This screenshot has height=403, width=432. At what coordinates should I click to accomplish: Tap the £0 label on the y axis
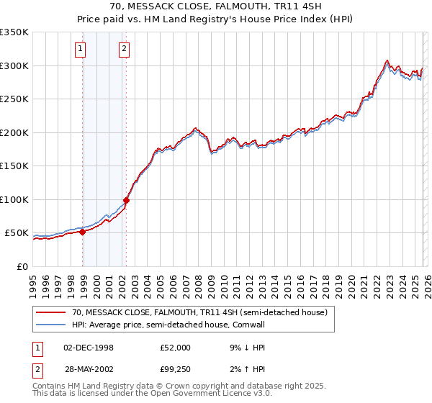pos(22,266)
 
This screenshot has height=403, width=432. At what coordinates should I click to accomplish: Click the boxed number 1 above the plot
pos(79,49)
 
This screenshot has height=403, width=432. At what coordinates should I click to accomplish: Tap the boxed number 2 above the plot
pos(125,49)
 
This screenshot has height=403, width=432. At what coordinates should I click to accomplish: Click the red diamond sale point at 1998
pos(83,232)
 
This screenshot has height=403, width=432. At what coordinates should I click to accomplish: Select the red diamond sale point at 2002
pos(127,200)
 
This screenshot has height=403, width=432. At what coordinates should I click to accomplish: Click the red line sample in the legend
pos(51,312)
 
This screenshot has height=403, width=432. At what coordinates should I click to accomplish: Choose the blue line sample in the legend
pos(51,325)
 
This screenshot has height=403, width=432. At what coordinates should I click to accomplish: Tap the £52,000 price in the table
pos(176,348)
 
